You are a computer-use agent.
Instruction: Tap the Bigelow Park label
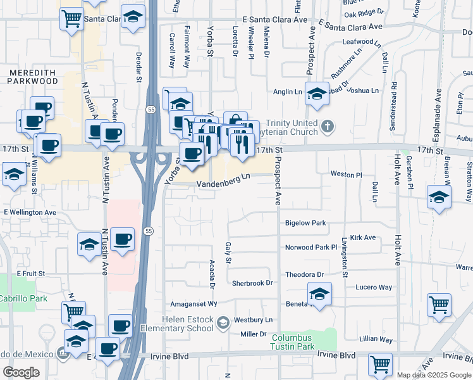[305, 223]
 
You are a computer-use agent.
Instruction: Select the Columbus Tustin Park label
[293, 342]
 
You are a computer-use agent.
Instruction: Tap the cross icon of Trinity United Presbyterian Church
[326, 126]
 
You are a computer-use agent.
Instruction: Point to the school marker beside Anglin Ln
[317, 94]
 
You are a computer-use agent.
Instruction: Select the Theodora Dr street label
[304, 274]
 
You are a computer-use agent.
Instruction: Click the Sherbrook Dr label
[252, 283]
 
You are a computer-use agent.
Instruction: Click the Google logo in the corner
[21, 372]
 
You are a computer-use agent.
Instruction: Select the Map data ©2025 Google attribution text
[434, 375]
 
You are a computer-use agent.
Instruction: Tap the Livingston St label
[345, 258]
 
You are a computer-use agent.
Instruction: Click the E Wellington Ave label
[30, 212]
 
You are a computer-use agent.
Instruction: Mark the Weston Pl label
[346, 174]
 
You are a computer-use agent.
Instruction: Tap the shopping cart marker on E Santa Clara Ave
[72, 18]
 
